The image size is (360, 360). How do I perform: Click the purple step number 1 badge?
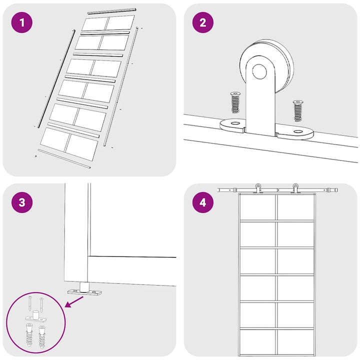click(x=22, y=22)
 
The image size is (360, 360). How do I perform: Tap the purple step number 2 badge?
click(x=202, y=22)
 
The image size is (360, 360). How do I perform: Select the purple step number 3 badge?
click(x=22, y=202)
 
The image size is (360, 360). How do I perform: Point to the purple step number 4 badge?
click(x=202, y=202)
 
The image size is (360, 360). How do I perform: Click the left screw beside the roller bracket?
click(x=235, y=102)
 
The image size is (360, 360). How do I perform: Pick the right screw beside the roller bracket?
click(x=298, y=110)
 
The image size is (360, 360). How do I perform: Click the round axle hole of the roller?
click(x=259, y=71)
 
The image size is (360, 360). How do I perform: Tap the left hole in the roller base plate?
click(x=235, y=123)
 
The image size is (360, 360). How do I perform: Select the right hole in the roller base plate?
click(x=298, y=131)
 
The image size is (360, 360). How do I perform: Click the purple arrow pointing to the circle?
click(x=74, y=301)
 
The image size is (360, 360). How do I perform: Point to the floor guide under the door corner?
click(x=84, y=289)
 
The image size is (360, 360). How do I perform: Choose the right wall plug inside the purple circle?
click(x=42, y=336)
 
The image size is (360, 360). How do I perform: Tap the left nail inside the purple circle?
click(x=30, y=304)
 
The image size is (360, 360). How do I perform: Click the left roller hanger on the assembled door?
click(x=258, y=188)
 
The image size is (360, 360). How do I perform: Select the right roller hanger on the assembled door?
click(x=295, y=188)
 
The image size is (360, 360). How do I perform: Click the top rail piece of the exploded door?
click(x=112, y=11)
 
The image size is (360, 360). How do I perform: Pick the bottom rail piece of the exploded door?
click(x=64, y=158)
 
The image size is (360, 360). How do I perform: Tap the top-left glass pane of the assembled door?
click(x=258, y=207)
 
